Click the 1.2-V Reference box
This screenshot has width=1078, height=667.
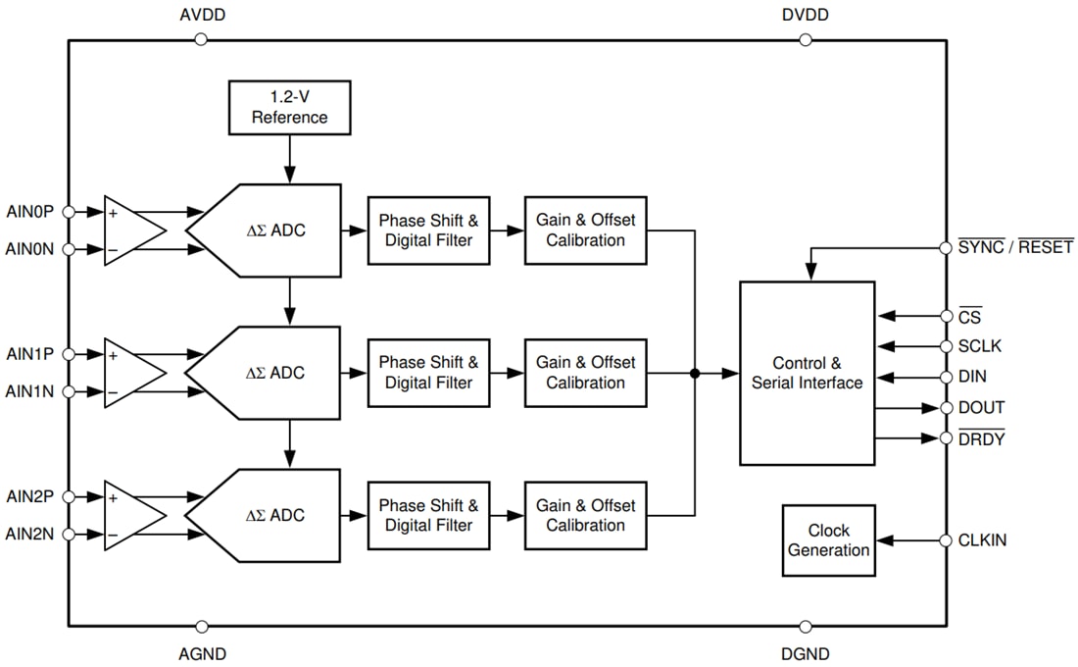(289, 108)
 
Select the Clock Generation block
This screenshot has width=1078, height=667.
(828, 540)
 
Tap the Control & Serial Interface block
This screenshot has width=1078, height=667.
(807, 373)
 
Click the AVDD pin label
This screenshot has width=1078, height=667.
(202, 16)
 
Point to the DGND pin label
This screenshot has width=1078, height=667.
(806, 653)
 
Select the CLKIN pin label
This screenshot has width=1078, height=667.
(982, 540)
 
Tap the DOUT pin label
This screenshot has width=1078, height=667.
(981, 408)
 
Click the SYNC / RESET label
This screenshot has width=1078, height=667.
(1014, 247)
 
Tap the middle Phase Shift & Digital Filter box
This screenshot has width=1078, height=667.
(428, 373)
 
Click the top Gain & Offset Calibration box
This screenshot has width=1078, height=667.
(585, 231)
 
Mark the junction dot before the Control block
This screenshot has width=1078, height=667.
(695, 373)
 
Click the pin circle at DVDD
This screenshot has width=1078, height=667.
(806, 39)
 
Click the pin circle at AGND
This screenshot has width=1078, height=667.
(202, 626)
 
